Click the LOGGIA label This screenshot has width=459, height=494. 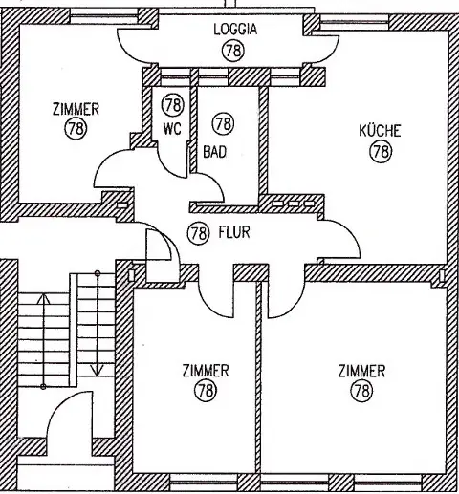pyautogui.click(x=235, y=30)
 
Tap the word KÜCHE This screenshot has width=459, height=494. pyautogui.click(x=380, y=131)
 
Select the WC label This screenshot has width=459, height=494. pyautogui.click(x=172, y=129)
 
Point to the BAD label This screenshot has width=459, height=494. pyautogui.click(x=214, y=152)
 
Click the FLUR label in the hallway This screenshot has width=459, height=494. pyautogui.click(x=234, y=232)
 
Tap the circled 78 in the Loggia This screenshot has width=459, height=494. pyautogui.click(x=233, y=51)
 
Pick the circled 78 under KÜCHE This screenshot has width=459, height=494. pyautogui.click(x=381, y=151)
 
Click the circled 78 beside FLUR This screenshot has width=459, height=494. pyautogui.click(x=198, y=233)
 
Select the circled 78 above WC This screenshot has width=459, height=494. pyautogui.click(x=173, y=105)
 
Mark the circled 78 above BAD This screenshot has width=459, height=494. pyautogui.click(x=223, y=123)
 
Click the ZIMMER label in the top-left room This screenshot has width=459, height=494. pyautogui.click(x=76, y=109)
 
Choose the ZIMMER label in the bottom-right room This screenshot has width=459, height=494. pyautogui.click(x=361, y=371)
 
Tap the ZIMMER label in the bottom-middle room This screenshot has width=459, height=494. pyautogui.click(x=206, y=371)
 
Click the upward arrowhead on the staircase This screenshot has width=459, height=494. pyautogui.click(x=43, y=298)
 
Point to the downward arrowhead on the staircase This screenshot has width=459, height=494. pyautogui.click(x=98, y=371)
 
